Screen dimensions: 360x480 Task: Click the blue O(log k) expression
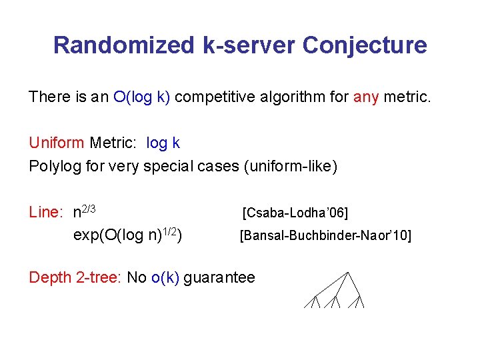tap(142, 97)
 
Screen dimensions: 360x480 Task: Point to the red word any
tap(366, 97)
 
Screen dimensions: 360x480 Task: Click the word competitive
tap(217, 97)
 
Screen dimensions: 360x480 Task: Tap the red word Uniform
tap(57, 143)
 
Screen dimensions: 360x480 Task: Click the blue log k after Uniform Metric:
tap(163, 143)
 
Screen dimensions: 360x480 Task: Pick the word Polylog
tap(55, 166)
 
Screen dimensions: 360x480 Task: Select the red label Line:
tap(46, 213)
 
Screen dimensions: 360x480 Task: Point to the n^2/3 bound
tap(85, 212)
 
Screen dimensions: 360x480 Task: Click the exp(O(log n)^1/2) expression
tap(128, 235)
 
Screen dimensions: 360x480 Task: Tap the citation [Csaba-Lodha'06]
tap(295, 213)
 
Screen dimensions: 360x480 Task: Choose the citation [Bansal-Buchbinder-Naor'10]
tap(325, 235)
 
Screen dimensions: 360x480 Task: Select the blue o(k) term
tap(165, 277)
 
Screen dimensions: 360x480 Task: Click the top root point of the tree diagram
tap(348, 272)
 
